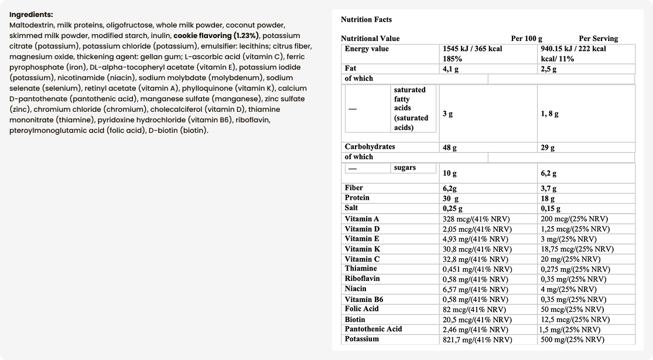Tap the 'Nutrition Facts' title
click(367, 20)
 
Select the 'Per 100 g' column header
click(526, 39)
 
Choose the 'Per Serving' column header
click(598, 39)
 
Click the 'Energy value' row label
click(367, 49)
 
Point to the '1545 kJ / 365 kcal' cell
click(473, 49)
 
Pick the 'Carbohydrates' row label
click(370, 147)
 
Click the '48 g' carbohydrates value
click(450, 148)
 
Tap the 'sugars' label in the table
click(405, 168)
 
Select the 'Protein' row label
click(357, 198)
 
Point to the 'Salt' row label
click(351, 208)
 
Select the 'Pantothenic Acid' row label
click(373, 329)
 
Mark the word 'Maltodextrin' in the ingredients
click(32, 25)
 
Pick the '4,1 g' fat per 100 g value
click(450, 69)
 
